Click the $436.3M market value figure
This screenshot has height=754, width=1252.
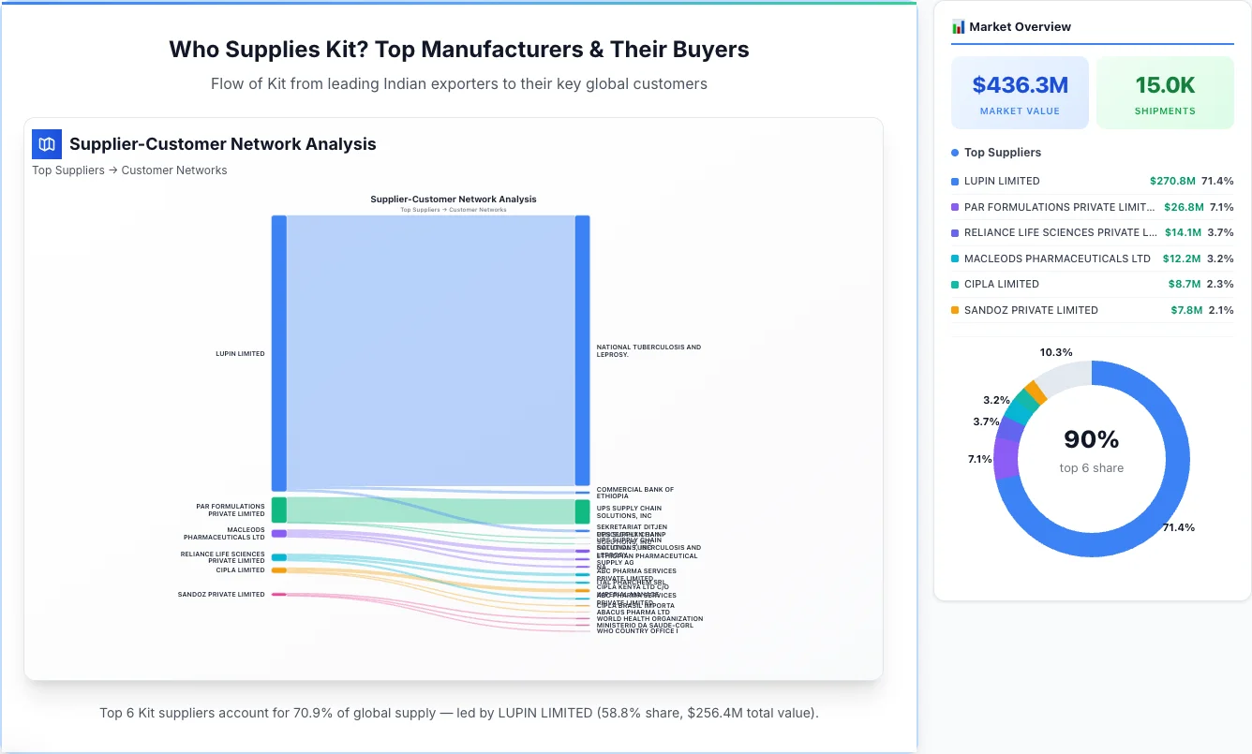coord(1020,85)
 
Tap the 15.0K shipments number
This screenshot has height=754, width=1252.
coord(1165,85)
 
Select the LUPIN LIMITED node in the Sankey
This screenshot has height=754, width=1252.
coord(278,353)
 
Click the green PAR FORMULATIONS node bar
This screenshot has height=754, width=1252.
coord(278,510)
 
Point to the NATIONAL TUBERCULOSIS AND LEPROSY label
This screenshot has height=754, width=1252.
coord(648,350)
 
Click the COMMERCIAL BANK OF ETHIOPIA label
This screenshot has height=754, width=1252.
coord(634,493)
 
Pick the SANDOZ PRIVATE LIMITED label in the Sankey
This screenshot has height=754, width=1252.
coord(221,595)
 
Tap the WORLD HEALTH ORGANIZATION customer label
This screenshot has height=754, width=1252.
coord(649,618)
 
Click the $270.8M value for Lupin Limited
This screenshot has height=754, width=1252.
coord(1172,181)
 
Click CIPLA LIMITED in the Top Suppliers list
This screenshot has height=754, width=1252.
coord(1001,284)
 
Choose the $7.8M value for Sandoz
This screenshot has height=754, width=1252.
coord(1185,310)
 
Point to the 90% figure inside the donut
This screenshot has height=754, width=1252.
coord(1092,439)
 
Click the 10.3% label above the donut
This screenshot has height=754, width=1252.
coord(1056,352)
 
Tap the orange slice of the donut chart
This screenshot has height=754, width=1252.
coord(1035,392)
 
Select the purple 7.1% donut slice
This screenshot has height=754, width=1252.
coord(1006,459)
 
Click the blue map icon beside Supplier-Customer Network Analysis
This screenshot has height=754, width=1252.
coord(47,144)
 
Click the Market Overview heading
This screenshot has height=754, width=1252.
coord(1020,27)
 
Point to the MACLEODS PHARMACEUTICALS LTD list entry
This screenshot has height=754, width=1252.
coord(1056,259)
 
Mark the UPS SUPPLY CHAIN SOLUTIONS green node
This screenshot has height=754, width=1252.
coord(582,511)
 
